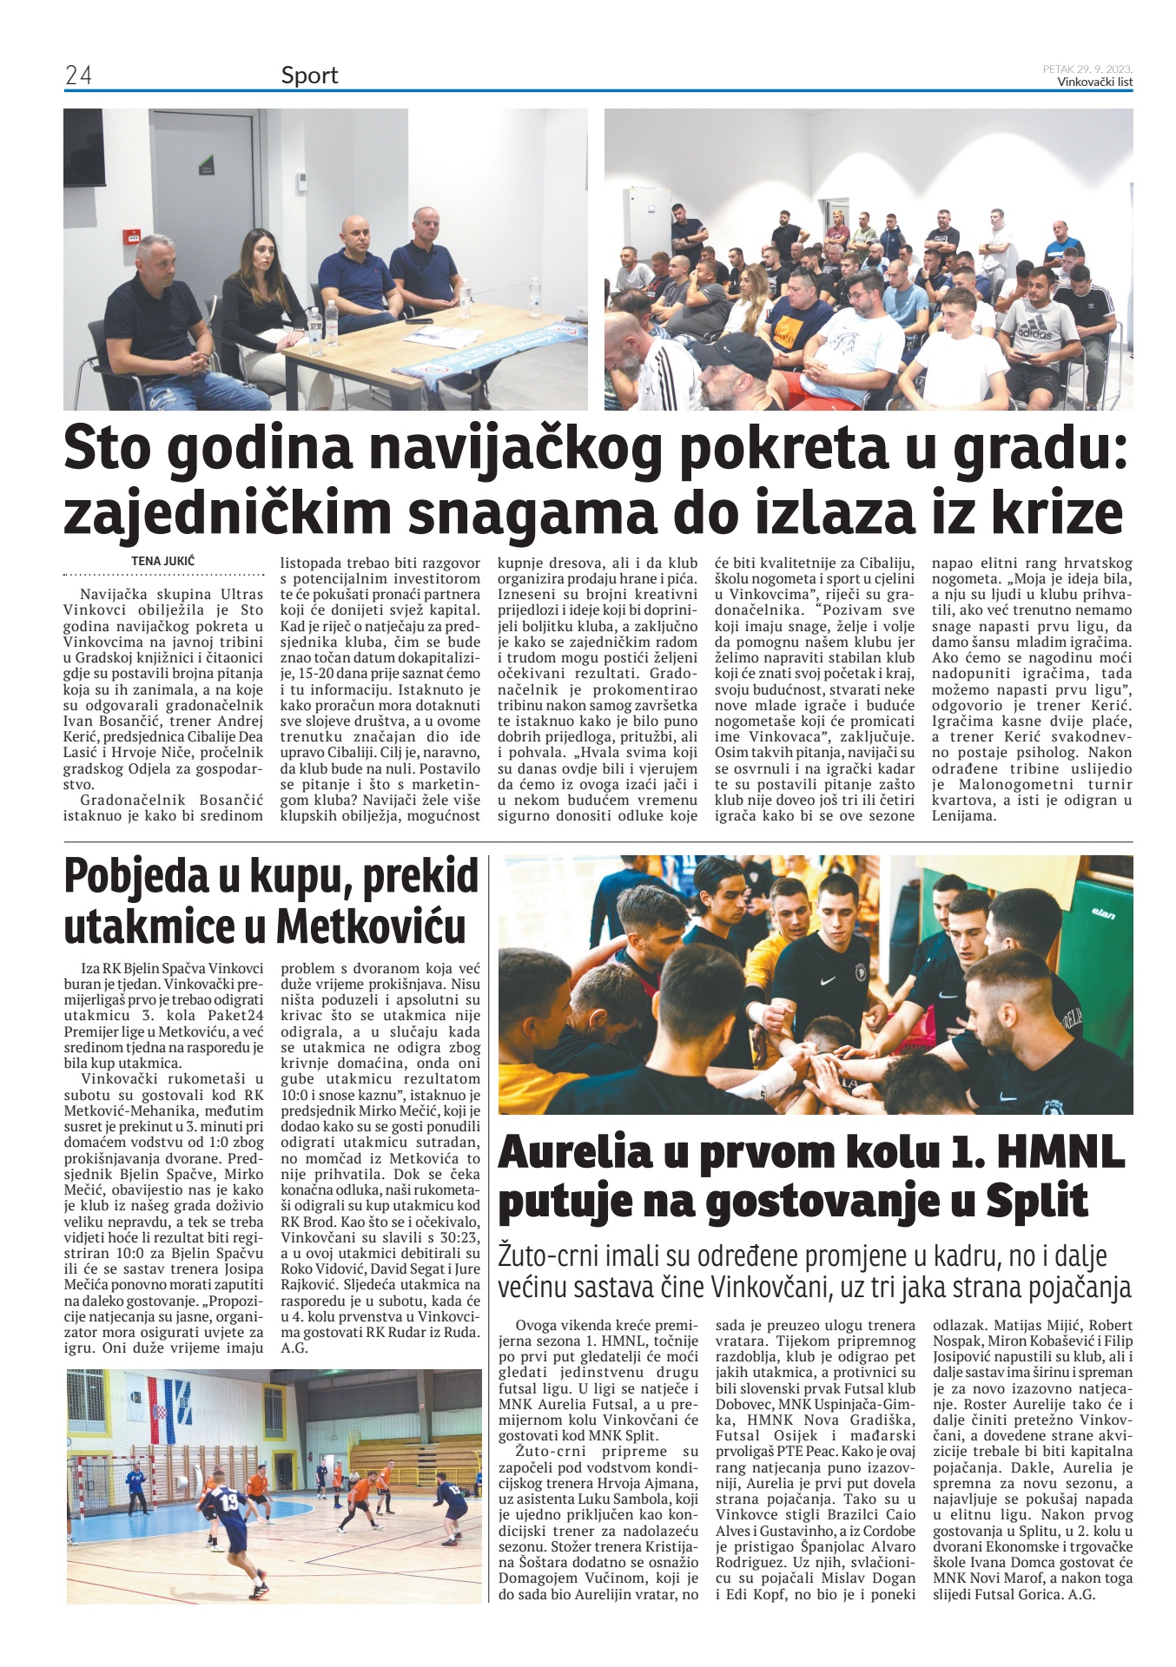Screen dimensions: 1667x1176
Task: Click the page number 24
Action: [x=78, y=76]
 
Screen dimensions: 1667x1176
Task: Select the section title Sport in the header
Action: [x=309, y=76]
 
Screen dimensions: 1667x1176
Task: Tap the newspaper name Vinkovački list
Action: [x=1094, y=82]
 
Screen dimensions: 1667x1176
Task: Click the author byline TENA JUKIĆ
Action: [x=163, y=561]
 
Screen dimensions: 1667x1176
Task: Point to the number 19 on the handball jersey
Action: [x=229, y=1499]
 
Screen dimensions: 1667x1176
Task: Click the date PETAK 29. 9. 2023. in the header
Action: [x=1087, y=69]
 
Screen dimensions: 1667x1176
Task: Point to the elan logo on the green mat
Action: [x=1103, y=914]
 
